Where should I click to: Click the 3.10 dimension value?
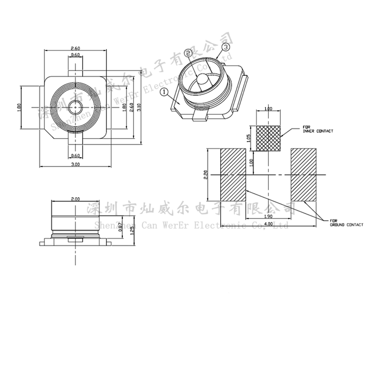tap(139, 106)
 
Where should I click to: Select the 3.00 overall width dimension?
tap(76, 164)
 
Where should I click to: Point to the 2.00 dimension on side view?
tap(76, 199)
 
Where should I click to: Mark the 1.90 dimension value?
tap(268, 216)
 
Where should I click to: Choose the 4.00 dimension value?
tap(268, 223)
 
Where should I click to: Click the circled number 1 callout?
tap(164, 92)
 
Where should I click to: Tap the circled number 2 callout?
tap(189, 54)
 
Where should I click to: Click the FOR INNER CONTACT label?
tap(318, 129)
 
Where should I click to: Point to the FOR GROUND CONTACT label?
tap(346, 223)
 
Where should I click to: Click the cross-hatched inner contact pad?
tap(268, 138)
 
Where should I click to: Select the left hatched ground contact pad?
tap(234, 174)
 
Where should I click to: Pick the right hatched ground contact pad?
tap(304, 174)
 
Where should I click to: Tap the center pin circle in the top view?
tap(74, 107)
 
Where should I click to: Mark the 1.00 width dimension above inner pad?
tap(268, 109)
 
